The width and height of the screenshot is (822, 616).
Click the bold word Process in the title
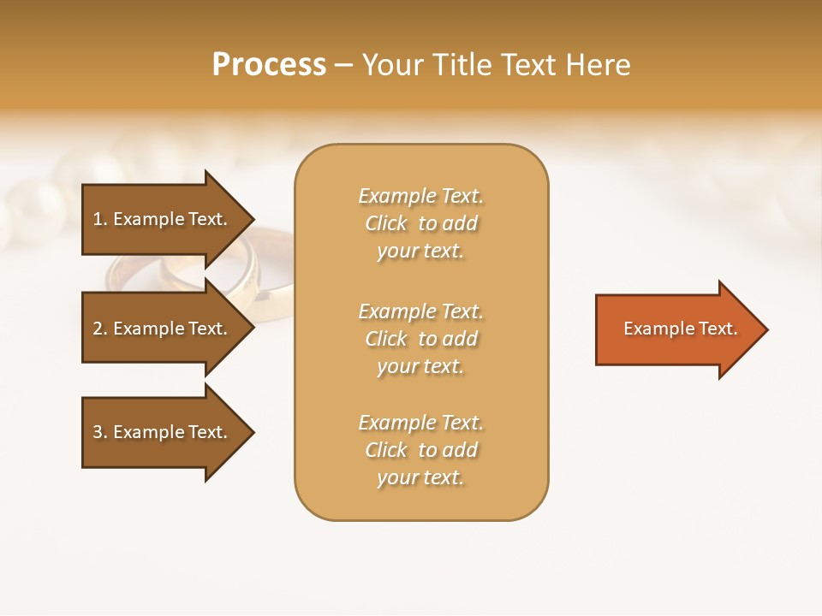(x=269, y=65)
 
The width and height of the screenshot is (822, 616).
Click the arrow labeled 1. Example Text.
(x=159, y=219)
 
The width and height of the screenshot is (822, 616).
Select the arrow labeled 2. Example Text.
(x=159, y=329)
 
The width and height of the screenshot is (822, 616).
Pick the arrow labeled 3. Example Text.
(x=159, y=432)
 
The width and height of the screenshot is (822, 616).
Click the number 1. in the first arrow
(x=100, y=219)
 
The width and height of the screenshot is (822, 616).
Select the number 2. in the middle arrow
(x=100, y=329)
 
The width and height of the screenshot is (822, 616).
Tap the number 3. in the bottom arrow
(x=100, y=432)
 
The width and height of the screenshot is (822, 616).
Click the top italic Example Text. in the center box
(x=420, y=196)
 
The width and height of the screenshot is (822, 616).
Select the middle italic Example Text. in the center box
(x=420, y=311)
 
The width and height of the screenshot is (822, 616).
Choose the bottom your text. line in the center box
(x=420, y=478)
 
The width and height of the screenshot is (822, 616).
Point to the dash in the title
(x=343, y=65)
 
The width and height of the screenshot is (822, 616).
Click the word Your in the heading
(x=394, y=65)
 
